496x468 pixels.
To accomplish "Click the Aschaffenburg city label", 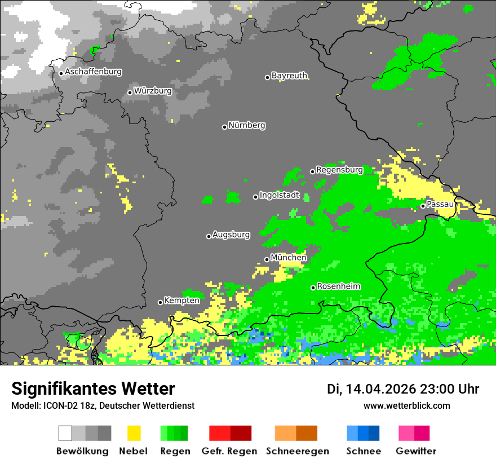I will (x=93, y=72).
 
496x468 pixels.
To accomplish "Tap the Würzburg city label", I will (x=153, y=91).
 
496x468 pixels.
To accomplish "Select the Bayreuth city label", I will (x=289, y=76).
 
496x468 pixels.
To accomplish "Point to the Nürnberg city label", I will (x=247, y=125).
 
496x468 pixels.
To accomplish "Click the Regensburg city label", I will (x=339, y=170).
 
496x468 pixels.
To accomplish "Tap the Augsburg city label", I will (x=231, y=235).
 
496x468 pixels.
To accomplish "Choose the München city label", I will (x=289, y=258).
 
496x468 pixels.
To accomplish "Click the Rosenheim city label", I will (x=338, y=286).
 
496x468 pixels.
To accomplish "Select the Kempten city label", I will (x=181, y=301).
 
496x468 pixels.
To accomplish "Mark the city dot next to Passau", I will (x=423, y=206).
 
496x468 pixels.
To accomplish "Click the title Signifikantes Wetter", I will (x=93, y=389).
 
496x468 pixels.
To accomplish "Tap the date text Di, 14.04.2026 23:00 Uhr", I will (x=403, y=389).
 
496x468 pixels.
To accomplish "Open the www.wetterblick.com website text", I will (x=407, y=406).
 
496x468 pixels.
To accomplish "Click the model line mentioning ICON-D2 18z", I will (x=103, y=406).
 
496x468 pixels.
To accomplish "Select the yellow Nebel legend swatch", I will (x=134, y=433).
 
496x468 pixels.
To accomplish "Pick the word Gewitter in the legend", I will (x=416, y=451).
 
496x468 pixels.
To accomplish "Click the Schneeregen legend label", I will (x=296, y=451).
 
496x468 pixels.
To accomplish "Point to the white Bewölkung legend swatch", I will (x=65, y=433).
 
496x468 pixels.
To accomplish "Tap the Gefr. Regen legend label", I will (x=229, y=451).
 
